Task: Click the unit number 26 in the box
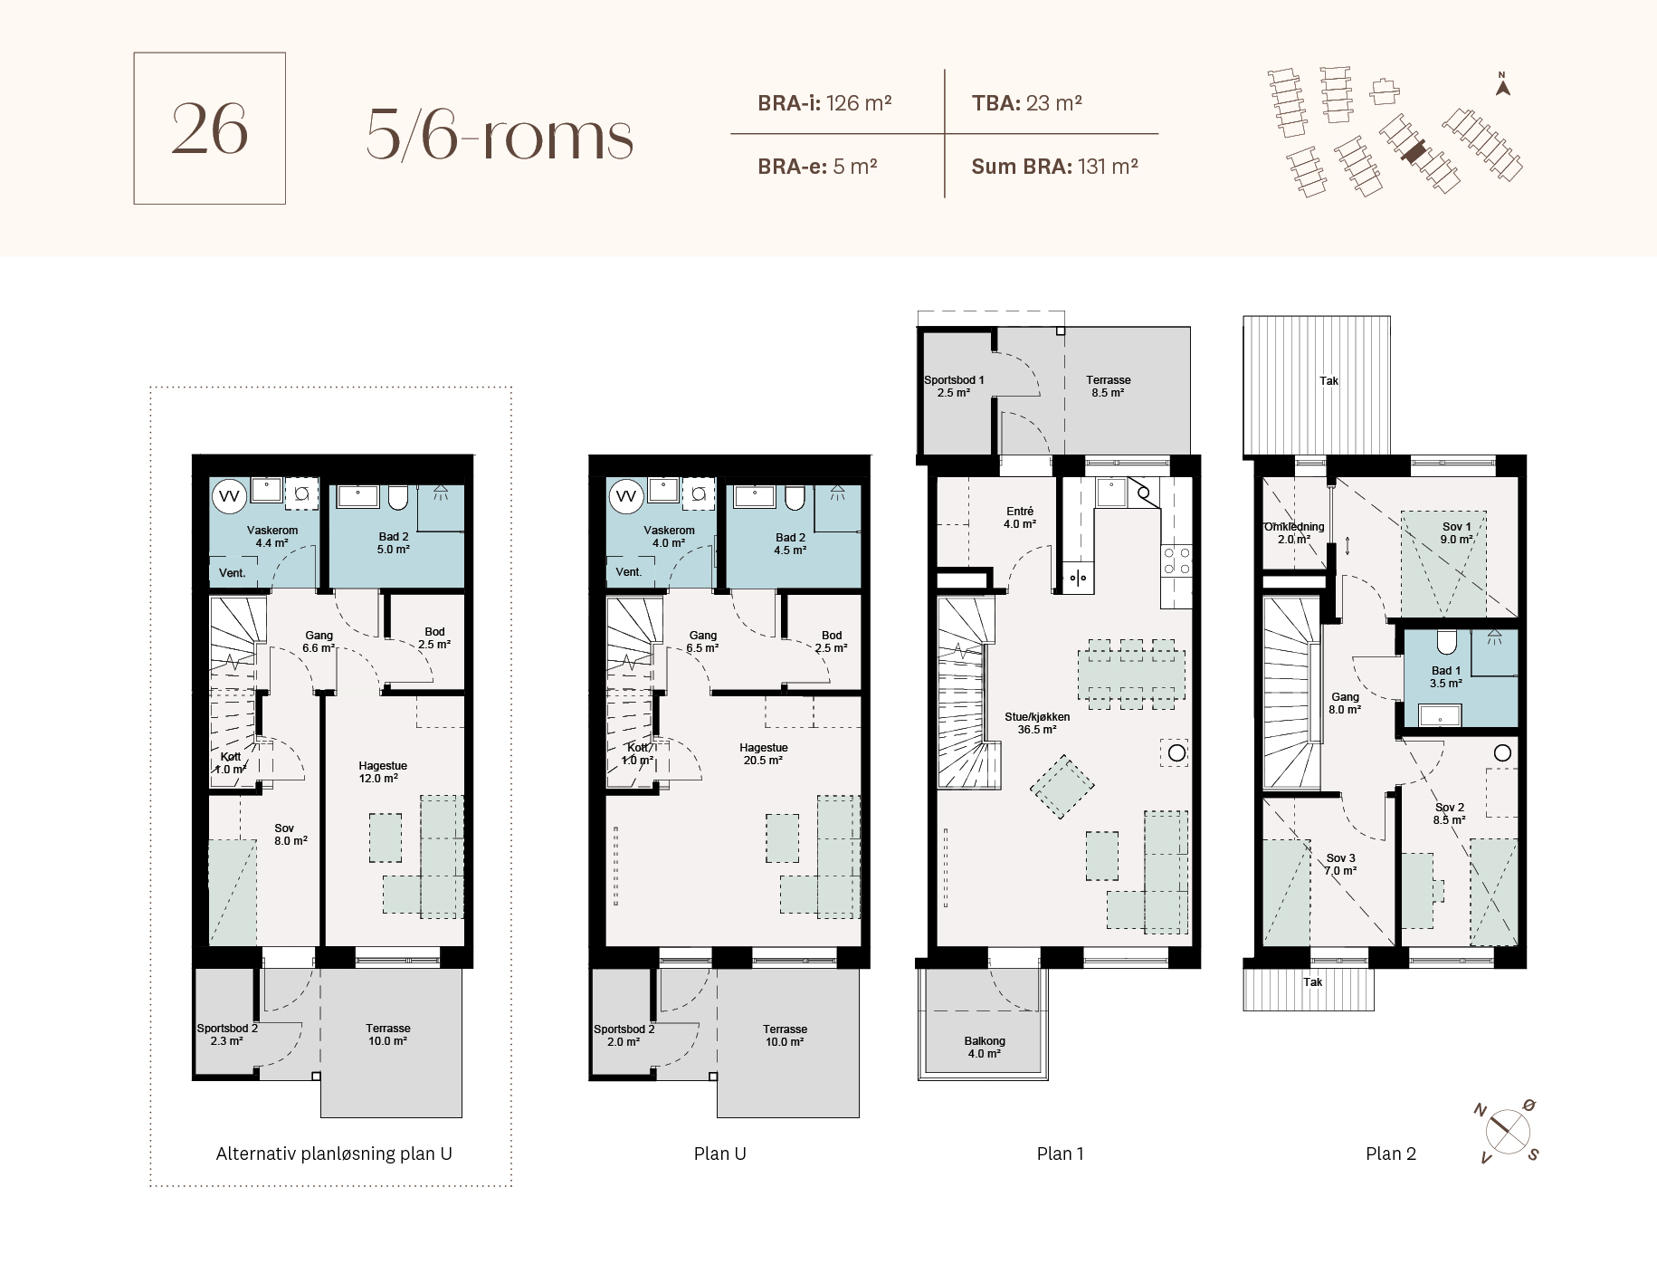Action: tap(209, 129)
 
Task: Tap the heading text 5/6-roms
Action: tap(500, 135)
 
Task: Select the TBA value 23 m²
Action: tap(1054, 103)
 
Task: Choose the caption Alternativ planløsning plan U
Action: tap(334, 1154)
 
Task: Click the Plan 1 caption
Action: tap(1060, 1154)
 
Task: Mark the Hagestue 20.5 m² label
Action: tap(764, 753)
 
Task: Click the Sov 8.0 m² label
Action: tap(290, 834)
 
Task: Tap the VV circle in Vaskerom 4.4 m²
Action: tap(229, 496)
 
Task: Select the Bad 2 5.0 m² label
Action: tap(394, 542)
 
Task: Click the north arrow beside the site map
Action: tap(1502, 85)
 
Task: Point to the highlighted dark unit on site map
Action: tap(1414, 151)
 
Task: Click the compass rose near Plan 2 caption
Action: tap(1507, 1132)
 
